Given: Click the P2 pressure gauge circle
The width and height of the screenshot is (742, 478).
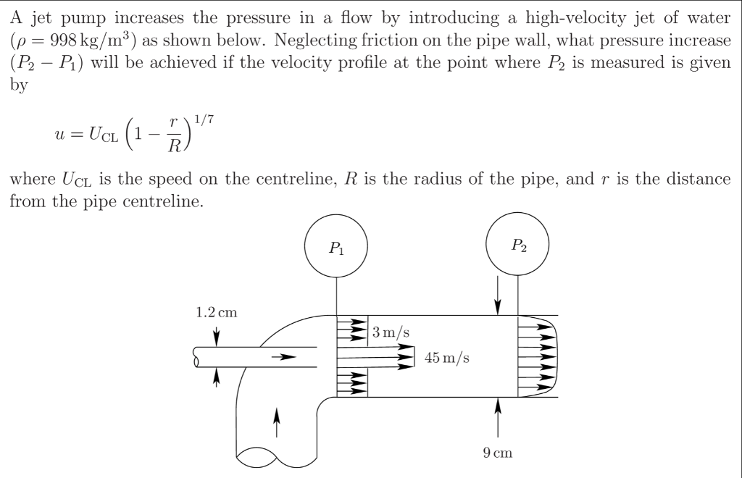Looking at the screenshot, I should click(x=518, y=246).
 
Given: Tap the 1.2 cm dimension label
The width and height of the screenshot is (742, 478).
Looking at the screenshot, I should click(x=216, y=313).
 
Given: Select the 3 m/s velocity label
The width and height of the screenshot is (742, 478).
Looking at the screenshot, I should click(x=391, y=333).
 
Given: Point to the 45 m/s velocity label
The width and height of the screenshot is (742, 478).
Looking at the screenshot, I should click(x=446, y=358).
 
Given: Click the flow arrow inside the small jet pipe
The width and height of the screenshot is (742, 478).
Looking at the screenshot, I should click(x=284, y=356).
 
